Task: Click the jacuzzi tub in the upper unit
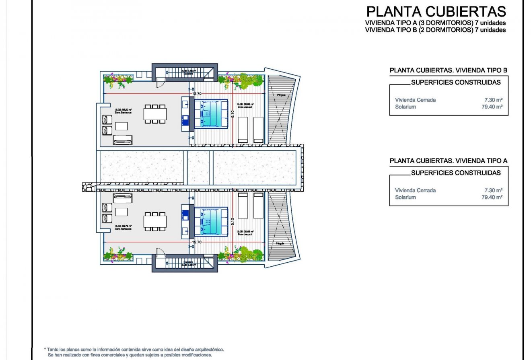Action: (x=211, y=114)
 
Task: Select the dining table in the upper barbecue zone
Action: (x=155, y=114)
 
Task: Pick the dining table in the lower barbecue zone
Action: (x=155, y=221)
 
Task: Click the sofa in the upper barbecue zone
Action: (x=123, y=140)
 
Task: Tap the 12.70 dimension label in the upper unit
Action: (x=197, y=94)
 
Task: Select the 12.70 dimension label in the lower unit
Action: (x=197, y=242)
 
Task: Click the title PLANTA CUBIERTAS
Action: (x=436, y=11)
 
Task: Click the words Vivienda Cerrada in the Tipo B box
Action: (x=415, y=100)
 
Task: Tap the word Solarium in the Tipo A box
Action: (x=405, y=197)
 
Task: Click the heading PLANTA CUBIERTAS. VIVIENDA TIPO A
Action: (x=448, y=161)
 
